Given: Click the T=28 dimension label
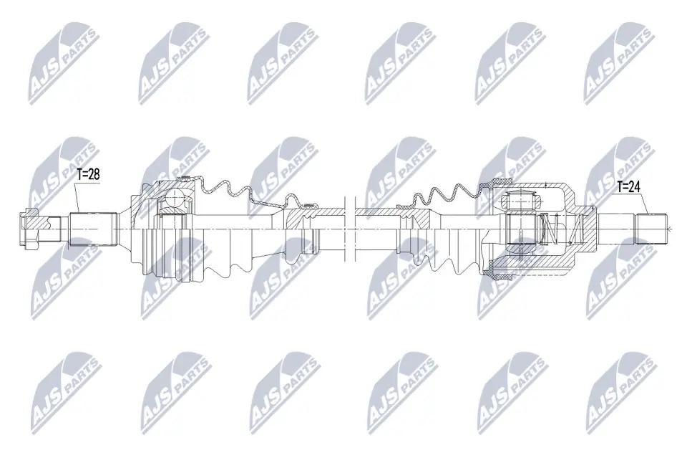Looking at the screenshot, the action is click(88, 174).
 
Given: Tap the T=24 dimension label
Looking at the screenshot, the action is click(629, 187).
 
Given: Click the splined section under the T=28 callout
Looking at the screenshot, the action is click(93, 229).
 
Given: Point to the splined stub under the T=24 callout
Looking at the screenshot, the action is click(651, 229).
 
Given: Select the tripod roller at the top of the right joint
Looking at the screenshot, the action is click(519, 201).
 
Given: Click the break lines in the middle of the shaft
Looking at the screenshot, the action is click(349, 229).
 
